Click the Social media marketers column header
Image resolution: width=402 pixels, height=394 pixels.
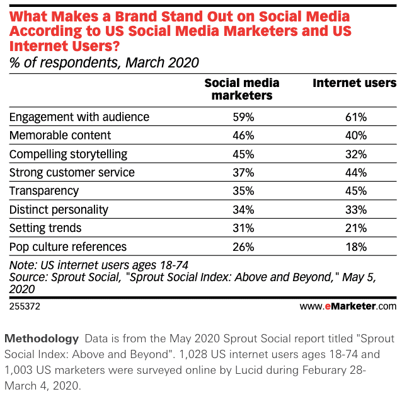tap(242, 89)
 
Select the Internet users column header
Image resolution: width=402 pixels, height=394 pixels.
tap(355, 83)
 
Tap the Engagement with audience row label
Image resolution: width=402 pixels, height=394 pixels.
tap(79, 117)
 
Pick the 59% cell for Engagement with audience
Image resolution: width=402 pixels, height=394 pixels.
tap(243, 117)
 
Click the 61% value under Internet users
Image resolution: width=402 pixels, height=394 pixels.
tap(355, 117)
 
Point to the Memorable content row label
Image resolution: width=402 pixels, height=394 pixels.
tap(60, 135)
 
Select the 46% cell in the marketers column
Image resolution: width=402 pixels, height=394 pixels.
tap(243, 135)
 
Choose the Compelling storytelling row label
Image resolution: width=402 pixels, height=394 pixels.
tap(68, 154)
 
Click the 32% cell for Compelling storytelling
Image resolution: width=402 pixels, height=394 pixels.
tap(355, 154)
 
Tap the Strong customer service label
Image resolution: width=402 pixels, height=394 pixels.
tap(72, 172)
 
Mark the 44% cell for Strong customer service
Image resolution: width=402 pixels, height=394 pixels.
tap(355, 172)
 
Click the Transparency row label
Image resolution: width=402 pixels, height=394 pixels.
tap(44, 190)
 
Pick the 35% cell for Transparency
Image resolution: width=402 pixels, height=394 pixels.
tap(243, 190)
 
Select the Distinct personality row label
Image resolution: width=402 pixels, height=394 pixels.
tap(59, 209)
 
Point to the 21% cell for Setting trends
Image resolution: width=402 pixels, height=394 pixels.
tap(355, 228)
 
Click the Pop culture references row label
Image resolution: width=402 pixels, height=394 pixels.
tap(68, 246)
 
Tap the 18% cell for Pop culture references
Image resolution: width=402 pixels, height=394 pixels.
tap(355, 246)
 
